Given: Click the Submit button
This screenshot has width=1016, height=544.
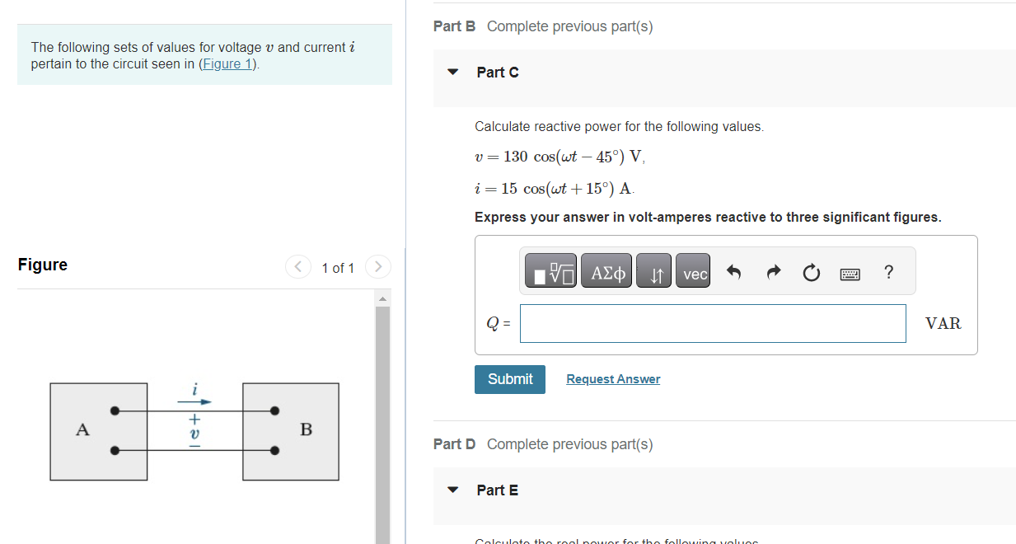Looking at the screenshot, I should pyautogui.click(x=509, y=379).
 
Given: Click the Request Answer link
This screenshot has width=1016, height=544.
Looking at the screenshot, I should pyautogui.click(x=613, y=379).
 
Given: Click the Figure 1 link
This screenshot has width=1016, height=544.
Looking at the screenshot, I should pyautogui.click(x=229, y=64).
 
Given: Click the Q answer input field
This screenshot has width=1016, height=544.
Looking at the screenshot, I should pyautogui.click(x=713, y=324).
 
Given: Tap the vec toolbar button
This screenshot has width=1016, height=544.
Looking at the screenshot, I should pyautogui.click(x=695, y=274).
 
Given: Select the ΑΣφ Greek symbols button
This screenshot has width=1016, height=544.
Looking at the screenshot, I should pyautogui.click(x=606, y=274).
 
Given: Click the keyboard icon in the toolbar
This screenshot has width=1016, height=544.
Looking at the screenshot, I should pyautogui.click(x=850, y=274).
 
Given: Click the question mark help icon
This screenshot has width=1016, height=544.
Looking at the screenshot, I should pyautogui.click(x=887, y=273).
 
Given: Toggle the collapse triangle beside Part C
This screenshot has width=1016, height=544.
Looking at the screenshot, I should pyautogui.click(x=452, y=73).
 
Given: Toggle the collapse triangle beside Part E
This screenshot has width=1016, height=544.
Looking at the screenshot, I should pyautogui.click(x=452, y=490).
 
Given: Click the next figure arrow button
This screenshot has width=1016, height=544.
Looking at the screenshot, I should pyautogui.click(x=377, y=267).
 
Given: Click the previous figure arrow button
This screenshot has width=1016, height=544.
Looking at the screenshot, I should pyautogui.click(x=297, y=267).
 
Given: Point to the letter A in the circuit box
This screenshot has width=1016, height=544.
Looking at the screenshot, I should pyautogui.click(x=82, y=429).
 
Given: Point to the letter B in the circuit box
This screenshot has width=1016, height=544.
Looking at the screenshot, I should pyautogui.click(x=306, y=429).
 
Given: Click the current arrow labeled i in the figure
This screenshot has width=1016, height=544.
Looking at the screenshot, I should pyautogui.click(x=195, y=401).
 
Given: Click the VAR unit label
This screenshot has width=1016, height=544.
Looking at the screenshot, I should pyautogui.click(x=943, y=324).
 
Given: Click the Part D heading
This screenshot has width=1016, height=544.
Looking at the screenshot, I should pyautogui.click(x=455, y=444).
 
